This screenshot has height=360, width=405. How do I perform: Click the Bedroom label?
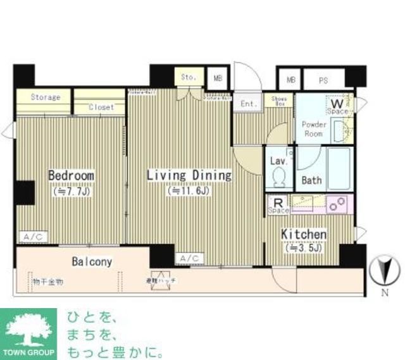72,175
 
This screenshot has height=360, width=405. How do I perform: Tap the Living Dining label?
189,175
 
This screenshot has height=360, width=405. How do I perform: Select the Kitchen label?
304,235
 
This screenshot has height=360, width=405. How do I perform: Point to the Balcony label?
92,261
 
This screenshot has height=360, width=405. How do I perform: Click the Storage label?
46,97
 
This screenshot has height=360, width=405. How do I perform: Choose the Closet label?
101,108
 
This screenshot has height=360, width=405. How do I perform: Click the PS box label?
322,80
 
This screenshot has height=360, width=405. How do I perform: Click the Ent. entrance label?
248,103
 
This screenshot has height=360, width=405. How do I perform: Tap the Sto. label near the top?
189,77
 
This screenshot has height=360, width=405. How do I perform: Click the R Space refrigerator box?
278,204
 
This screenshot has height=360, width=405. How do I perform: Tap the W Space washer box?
337,104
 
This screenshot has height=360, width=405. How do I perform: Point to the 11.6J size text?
189,190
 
